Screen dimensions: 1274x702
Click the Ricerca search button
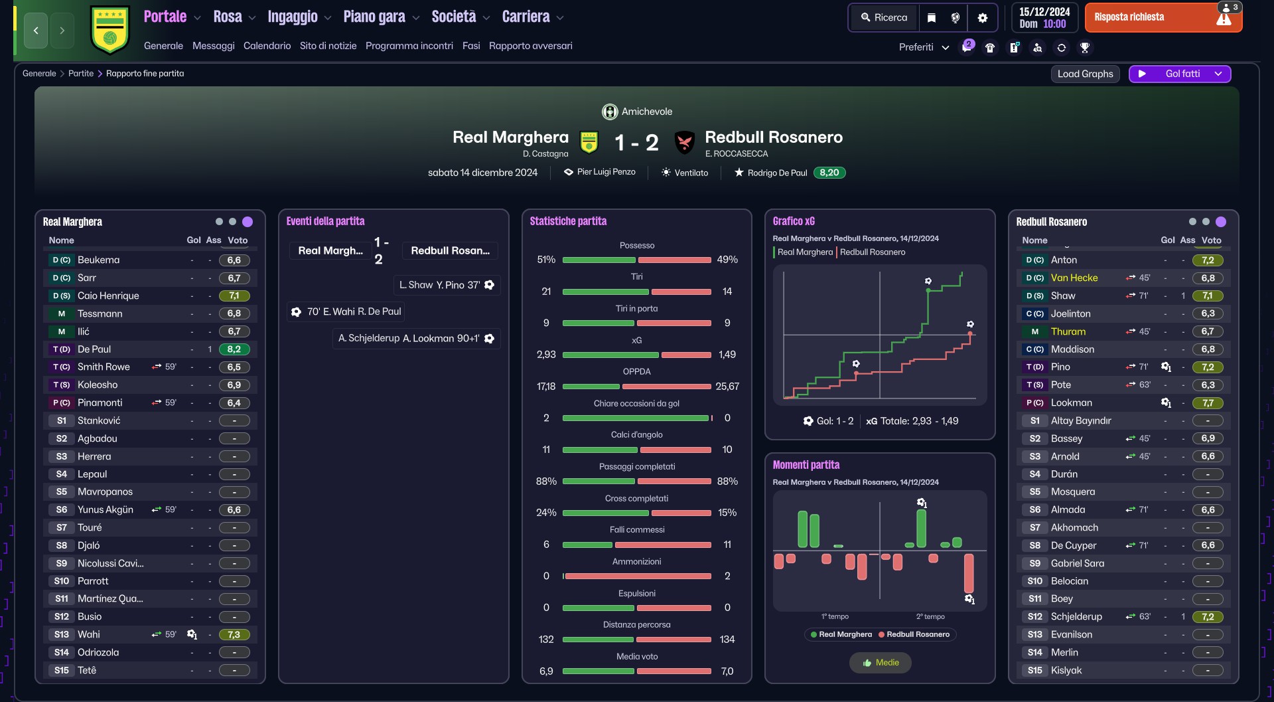coord(884,18)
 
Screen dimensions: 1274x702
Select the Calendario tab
coord(267,46)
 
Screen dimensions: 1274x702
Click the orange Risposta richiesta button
coord(1163,18)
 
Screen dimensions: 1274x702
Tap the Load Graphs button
coord(1085,74)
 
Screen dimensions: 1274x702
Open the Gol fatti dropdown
coord(1180,74)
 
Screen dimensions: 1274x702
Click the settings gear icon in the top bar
coord(983,18)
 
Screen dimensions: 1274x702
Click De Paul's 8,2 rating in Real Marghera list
coord(234,349)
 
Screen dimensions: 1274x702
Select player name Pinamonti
coord(100,402)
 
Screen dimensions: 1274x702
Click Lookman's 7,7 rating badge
coord(1208,403)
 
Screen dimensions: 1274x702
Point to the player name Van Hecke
coord(1074,278)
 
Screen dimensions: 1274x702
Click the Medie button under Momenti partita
coord(880,663)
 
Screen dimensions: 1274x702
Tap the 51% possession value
coord(546,260)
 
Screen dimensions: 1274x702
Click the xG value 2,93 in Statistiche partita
coord(546,355)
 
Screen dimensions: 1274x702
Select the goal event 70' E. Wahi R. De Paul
coord(346,311)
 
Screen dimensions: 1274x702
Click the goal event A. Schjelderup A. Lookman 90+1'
coord(417,338)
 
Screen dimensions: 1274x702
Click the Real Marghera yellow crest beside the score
coord(589,141)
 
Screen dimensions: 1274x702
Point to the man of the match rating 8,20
coord(829,173)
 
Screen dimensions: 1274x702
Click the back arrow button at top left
coord(36,31)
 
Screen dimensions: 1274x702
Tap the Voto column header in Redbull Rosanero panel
coord(1211,240)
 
